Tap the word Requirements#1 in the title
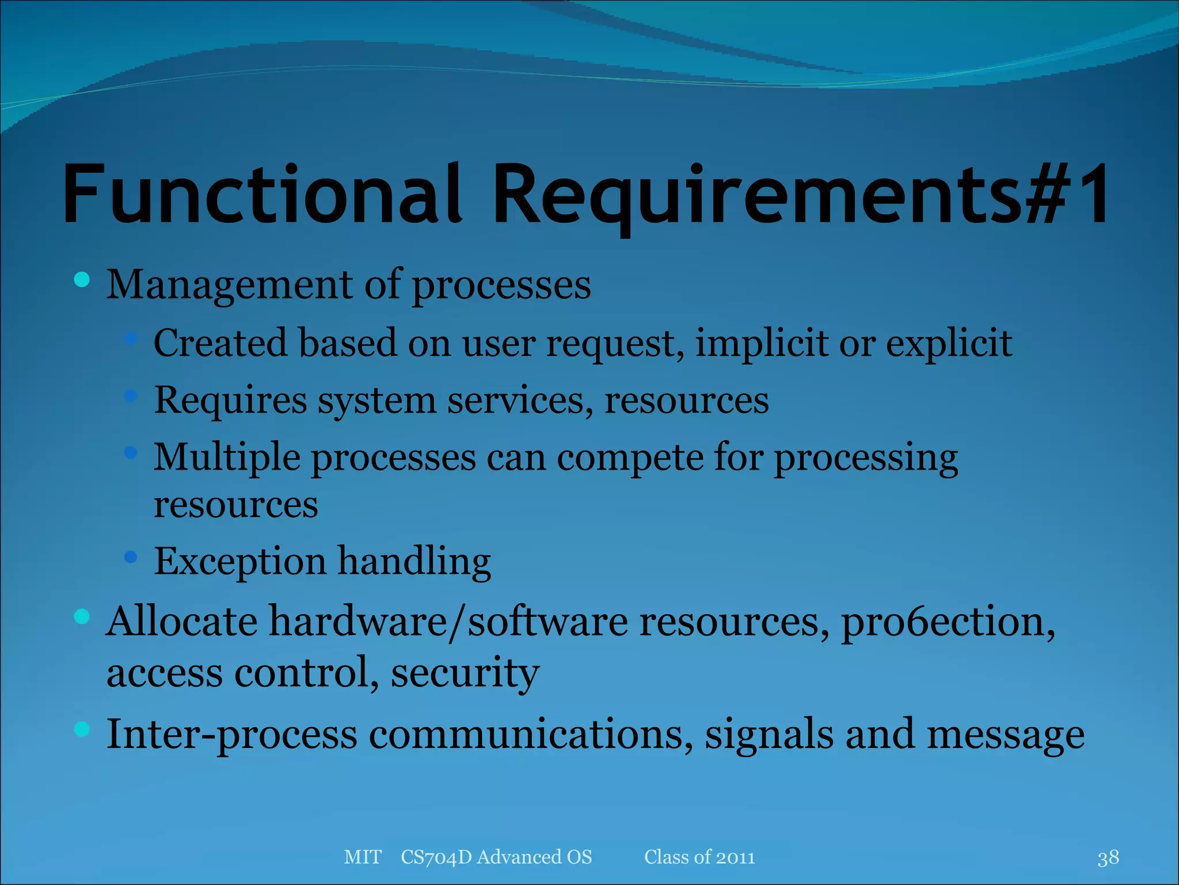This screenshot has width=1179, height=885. tap(800, 194)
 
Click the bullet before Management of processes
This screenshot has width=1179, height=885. tap(82, 280)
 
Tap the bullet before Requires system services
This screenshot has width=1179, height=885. tap(131, 396)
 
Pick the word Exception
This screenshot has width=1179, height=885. tap(240, 562)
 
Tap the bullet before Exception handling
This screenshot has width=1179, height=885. tap(131, 557)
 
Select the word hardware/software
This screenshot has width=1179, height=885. tap(448, 622)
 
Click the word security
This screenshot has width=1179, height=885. tap(465, 673)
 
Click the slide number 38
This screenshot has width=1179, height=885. tap(1108, 858)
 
